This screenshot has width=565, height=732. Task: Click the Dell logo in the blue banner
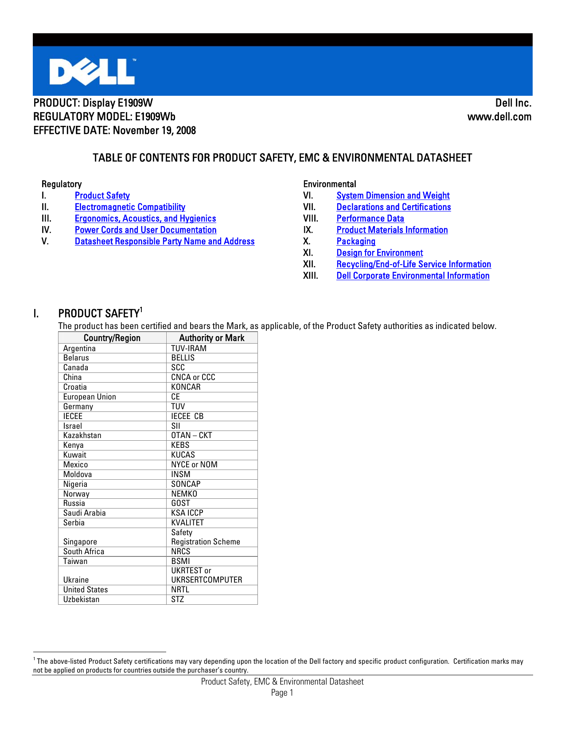tap(92, 71)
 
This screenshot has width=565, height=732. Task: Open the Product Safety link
tap(102, 196)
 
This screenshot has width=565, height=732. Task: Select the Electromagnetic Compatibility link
tap(130, 207)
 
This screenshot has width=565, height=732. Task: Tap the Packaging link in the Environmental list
tap(356, 242)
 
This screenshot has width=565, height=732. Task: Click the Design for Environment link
tap(379, 253)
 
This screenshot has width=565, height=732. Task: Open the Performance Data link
tap(370, 219)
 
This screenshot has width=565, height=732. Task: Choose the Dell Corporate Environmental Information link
tap(413, 276)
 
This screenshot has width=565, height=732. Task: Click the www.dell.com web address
tap(499, 117)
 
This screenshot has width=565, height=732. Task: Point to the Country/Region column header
tap(112, 338)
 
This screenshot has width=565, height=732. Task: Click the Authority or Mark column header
tap(211, 338)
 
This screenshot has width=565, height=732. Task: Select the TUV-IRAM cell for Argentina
tap(189, 348)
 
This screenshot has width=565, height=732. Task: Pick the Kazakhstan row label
tap(82, 435)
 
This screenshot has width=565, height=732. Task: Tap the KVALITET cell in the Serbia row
tap(187, 523)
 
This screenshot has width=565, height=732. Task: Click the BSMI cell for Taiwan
tap(180, 561)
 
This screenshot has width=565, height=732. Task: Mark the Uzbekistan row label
tap(82, 599)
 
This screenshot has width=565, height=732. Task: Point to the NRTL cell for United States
tap(180, 590)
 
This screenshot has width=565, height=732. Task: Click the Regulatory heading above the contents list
tap(62, 184)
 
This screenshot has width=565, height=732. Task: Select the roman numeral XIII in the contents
tap(311, 276)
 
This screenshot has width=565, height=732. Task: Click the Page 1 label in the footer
tap(282, 693)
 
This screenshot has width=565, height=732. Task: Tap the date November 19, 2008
tap(154, 131)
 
